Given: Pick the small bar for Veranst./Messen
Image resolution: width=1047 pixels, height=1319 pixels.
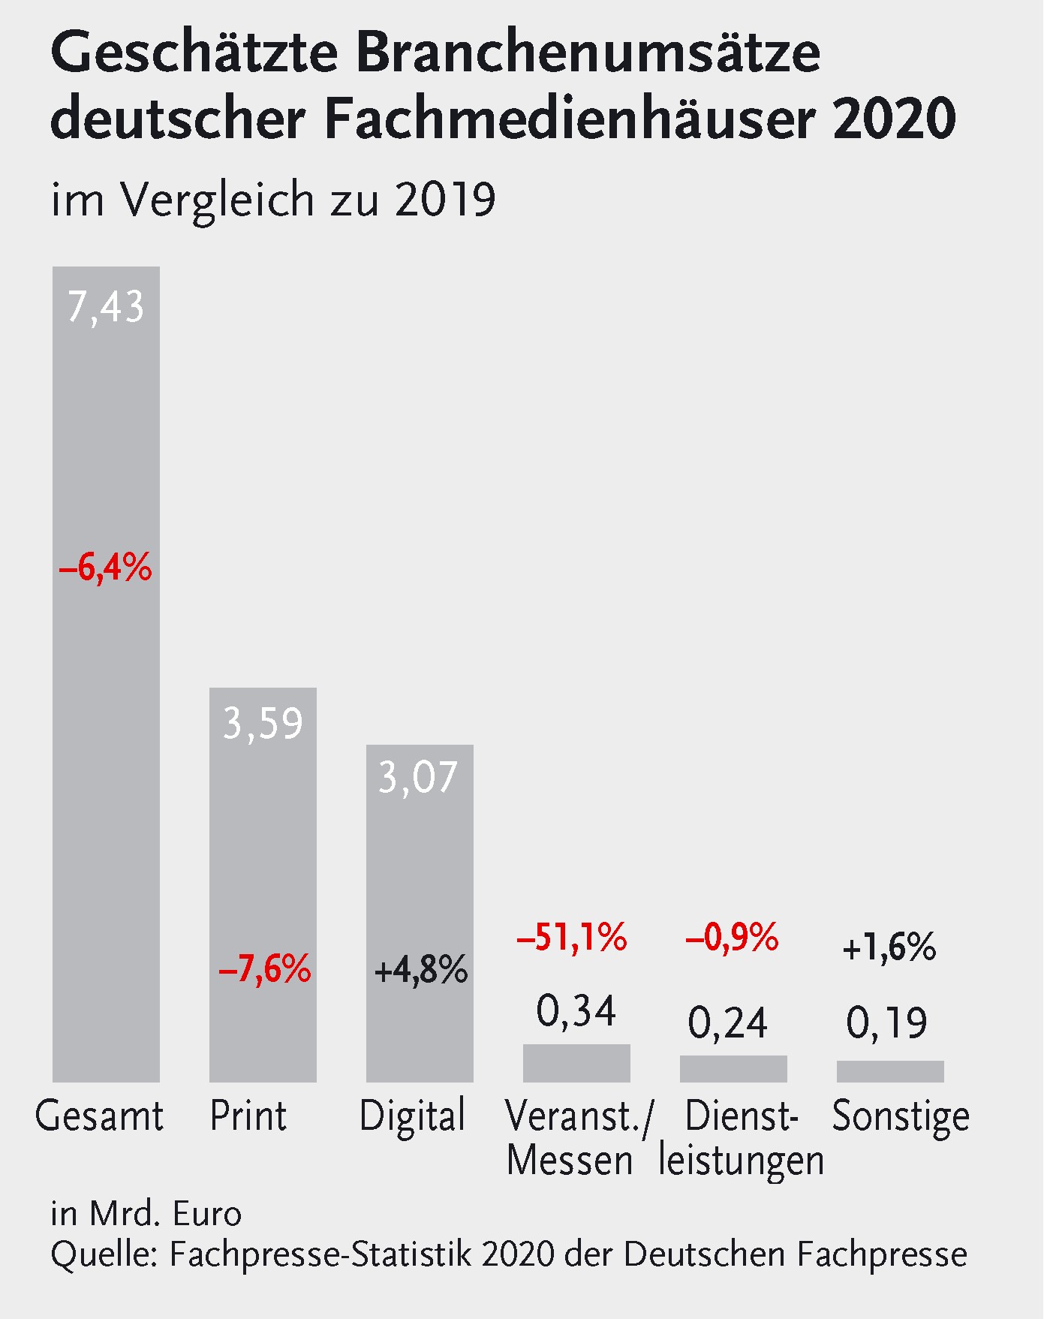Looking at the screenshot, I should [x=576, y=1063].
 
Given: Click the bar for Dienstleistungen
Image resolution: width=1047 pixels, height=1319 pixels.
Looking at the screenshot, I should [x=733, y=1069].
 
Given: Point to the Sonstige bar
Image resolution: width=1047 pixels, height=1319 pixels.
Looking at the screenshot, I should [x=890, y=1071].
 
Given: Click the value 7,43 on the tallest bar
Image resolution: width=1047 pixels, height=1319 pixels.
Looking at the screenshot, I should [x=106, y=307].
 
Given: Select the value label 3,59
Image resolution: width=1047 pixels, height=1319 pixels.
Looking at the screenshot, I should [x=263, y=724].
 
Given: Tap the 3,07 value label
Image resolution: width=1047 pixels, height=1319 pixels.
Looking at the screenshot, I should [x=418, y=777].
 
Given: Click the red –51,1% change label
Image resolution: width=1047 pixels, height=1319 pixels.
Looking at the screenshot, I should [x=572, y=938].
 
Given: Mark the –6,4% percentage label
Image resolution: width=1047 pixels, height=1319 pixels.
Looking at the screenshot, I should [x=106, y=568].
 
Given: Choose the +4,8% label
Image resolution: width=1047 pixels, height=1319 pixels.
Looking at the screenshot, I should [x=421, y=970].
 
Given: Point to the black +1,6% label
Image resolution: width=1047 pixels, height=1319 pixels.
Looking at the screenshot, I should [x=889, y=947].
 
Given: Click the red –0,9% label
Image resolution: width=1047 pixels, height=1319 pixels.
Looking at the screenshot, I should [x=732, y=938].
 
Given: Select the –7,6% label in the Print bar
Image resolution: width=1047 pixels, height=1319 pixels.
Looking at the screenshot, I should [x=264, y=969].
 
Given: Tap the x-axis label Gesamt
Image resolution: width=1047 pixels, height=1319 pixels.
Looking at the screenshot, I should [x=99, y=1116].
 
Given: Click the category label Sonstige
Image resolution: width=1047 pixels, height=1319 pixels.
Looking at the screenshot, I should [x=901, y=1116].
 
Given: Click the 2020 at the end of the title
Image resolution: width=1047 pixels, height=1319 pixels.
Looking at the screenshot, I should [x=894, y=119].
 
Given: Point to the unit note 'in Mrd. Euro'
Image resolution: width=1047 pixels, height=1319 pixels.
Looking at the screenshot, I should [x=146, y=1214].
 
